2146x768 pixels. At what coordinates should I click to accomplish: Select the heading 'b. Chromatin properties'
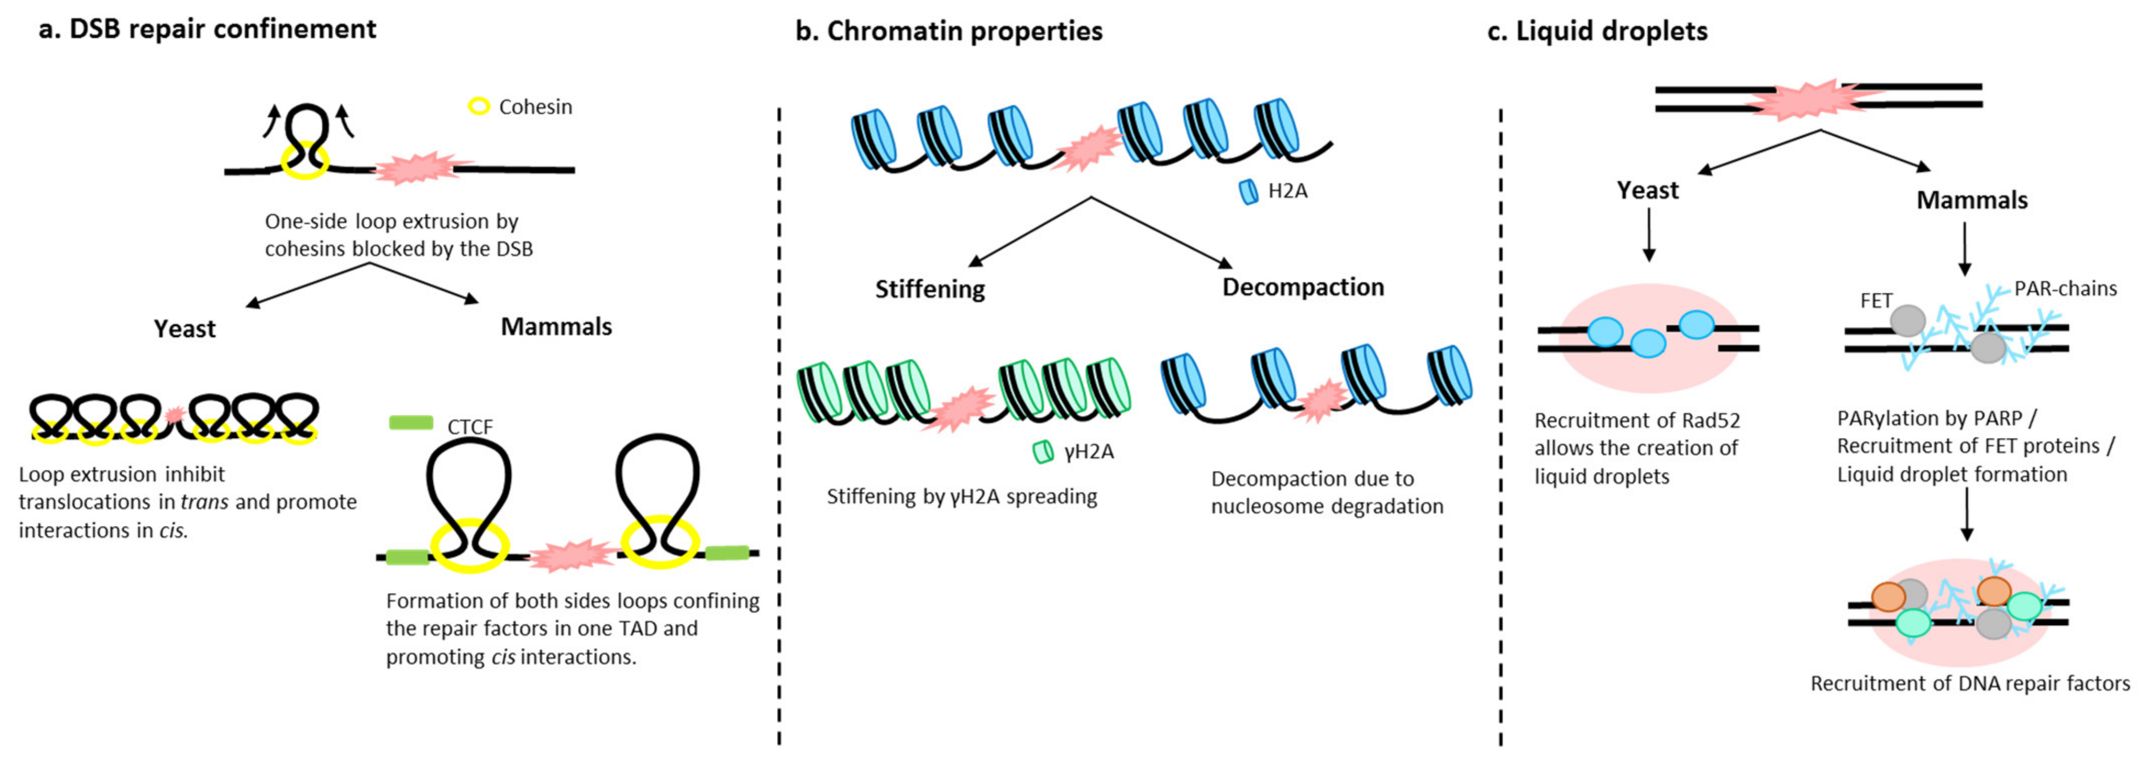[x=949, y=31]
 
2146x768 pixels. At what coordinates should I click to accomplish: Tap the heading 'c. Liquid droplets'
[x=1597, y=31]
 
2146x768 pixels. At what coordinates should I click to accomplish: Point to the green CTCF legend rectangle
[x=411, y=423]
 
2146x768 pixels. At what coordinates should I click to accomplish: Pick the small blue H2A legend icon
[x=1249, y=192]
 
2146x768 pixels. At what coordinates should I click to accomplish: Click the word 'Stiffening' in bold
[x=930, y=289]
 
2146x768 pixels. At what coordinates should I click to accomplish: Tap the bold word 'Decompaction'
[x=1303, y=287]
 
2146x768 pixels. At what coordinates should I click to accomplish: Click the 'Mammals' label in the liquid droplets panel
[x=1972, y=200]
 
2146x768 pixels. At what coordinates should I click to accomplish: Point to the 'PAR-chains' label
[x=2065, y=289]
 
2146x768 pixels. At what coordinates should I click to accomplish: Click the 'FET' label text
[x=1876, y=301]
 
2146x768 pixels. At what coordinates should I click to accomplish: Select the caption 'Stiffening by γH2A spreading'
[x=961, y=496]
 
